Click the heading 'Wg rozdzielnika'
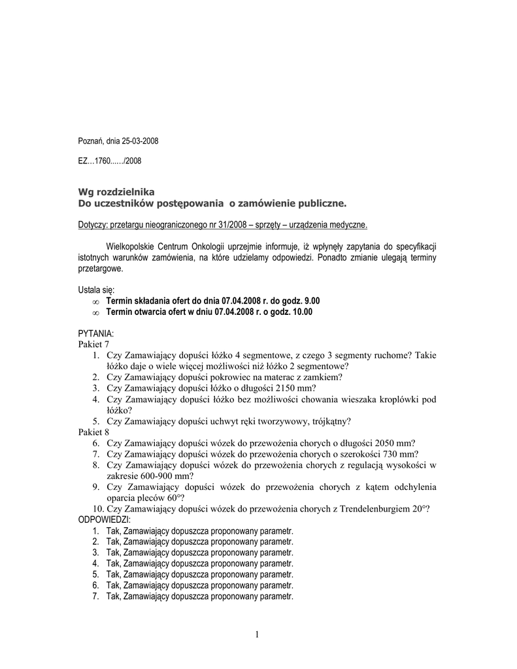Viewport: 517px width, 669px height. tap(116, 192)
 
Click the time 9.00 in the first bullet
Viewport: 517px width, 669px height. tap(313, 301)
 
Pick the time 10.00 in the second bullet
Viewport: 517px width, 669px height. tap(303, 312)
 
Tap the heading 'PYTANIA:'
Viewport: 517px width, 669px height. tap(96, 334)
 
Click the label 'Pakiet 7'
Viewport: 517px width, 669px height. tap(93, 344)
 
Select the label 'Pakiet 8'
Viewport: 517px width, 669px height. tap(93, 432)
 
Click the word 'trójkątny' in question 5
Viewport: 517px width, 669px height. tap(328, 421)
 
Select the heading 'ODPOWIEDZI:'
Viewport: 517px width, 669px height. tap(105, 519)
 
